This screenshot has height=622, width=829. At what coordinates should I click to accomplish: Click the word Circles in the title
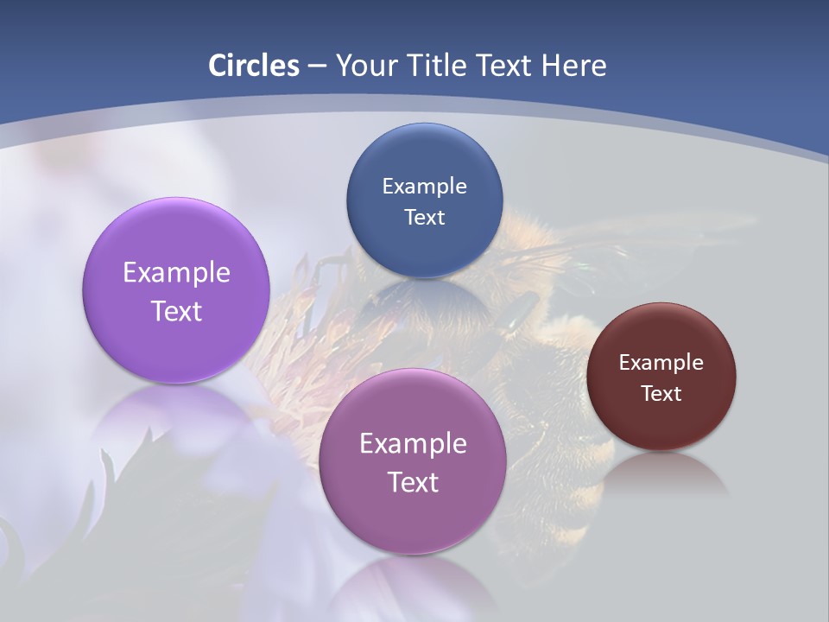(254, 66)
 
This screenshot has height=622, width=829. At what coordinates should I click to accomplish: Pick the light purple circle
(176, 251)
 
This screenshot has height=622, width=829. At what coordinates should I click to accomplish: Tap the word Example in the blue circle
(424, 187)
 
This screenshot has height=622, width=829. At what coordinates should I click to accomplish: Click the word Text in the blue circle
(424, 218)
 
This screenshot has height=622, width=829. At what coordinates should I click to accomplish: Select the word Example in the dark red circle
(661, 363)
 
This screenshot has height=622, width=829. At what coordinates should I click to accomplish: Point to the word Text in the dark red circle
(661, 394)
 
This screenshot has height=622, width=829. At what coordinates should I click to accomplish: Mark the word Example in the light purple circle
(176, 273)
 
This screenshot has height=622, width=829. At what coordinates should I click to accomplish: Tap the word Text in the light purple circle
(176, 311)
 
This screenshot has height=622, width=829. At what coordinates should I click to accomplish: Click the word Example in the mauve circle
(413, 444)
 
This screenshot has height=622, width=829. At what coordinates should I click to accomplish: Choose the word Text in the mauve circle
(413, 482)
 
